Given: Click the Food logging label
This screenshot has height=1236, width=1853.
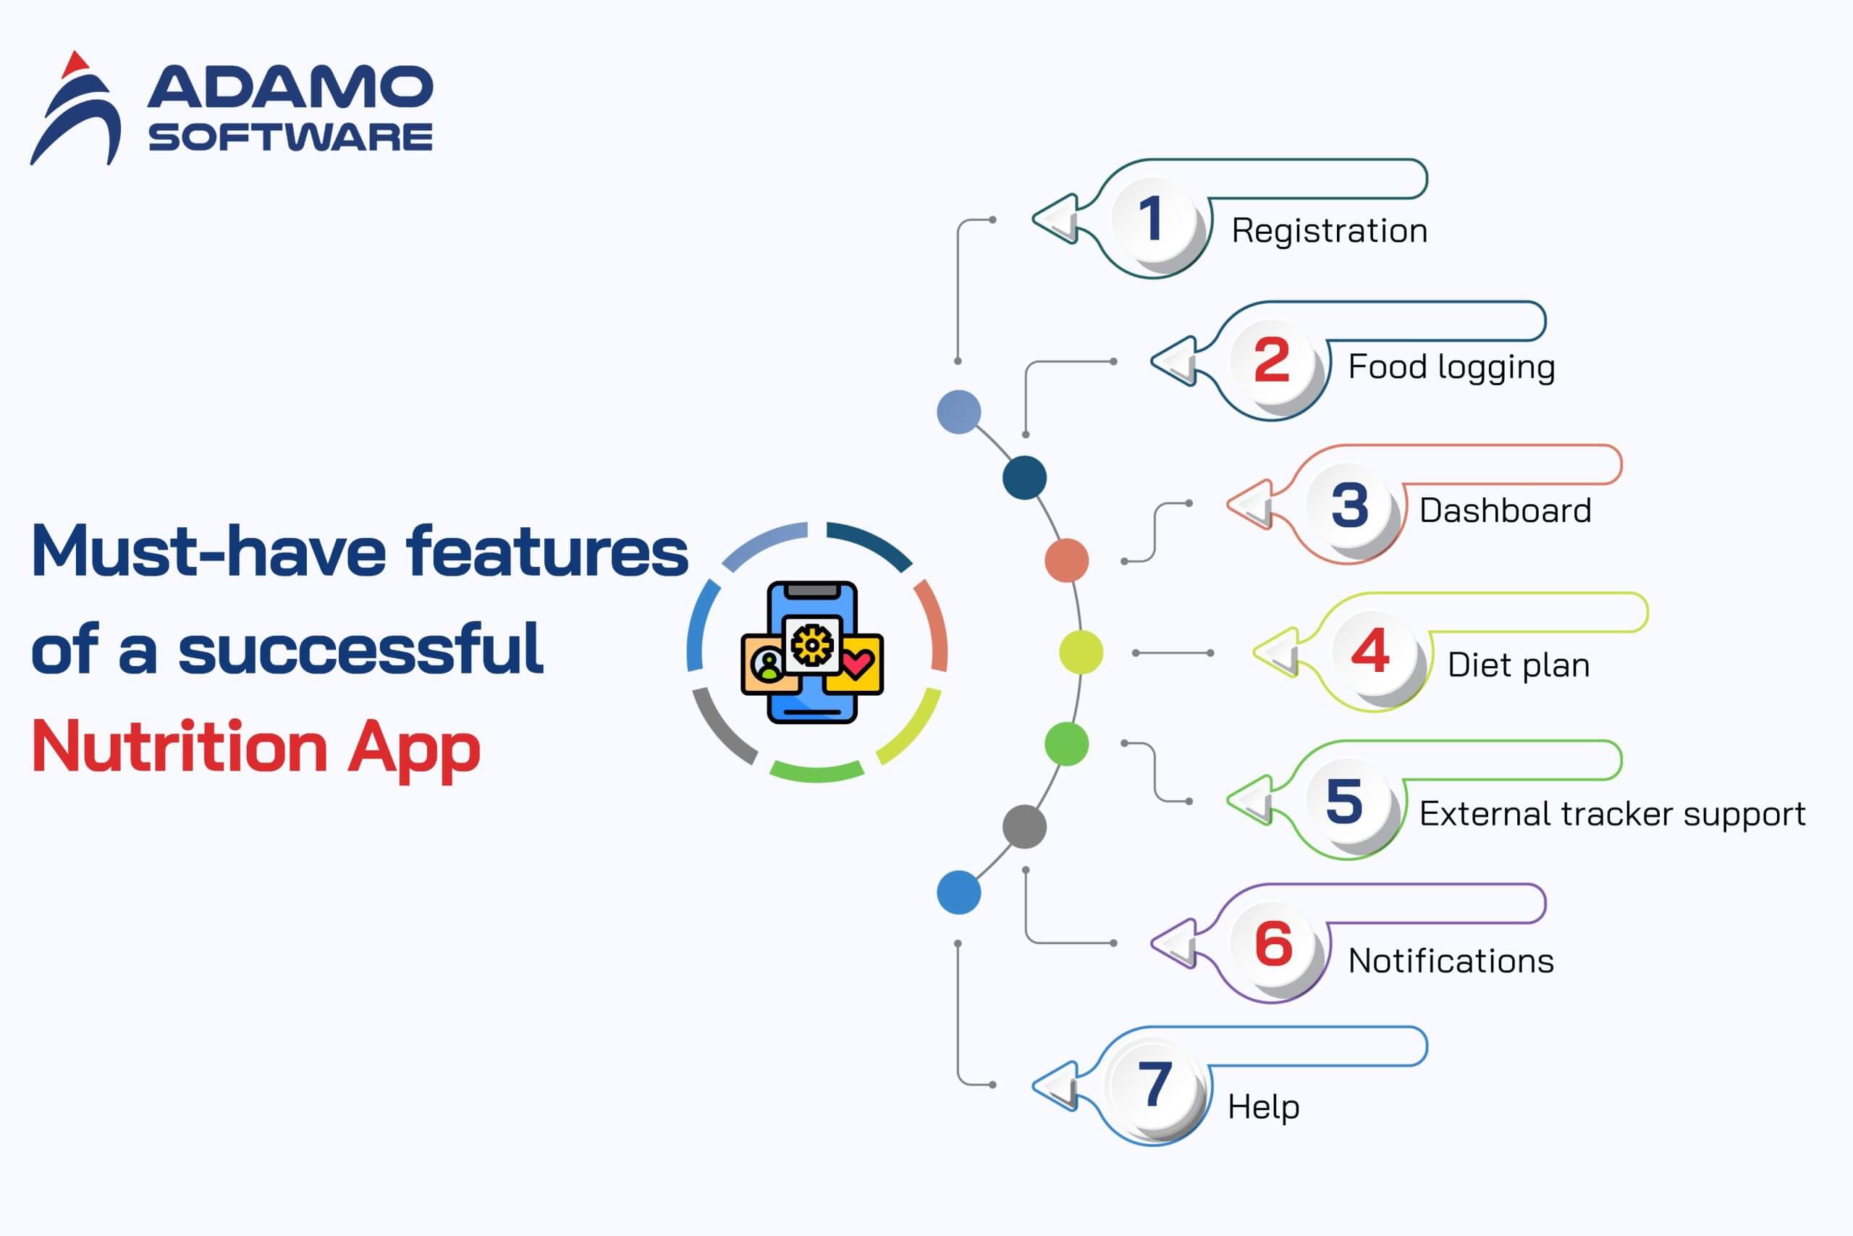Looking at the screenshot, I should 1451,367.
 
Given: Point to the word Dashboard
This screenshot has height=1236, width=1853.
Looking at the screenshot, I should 1505,510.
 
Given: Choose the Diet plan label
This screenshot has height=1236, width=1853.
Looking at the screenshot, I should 1518,665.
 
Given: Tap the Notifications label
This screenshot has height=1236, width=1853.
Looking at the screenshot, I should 1451,962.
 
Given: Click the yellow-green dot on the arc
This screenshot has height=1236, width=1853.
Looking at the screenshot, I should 1081,652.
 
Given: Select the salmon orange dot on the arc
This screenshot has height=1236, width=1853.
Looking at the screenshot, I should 1067,560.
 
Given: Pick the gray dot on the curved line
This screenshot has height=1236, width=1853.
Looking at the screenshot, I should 1024,827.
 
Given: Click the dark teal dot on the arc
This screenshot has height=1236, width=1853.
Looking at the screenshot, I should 1024,478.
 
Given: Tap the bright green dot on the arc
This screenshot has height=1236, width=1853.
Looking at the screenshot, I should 1067,744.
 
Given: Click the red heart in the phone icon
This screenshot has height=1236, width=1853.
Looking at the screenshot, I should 857,664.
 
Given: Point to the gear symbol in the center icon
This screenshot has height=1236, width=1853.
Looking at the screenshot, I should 812,645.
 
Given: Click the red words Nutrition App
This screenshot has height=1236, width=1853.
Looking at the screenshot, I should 256,747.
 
